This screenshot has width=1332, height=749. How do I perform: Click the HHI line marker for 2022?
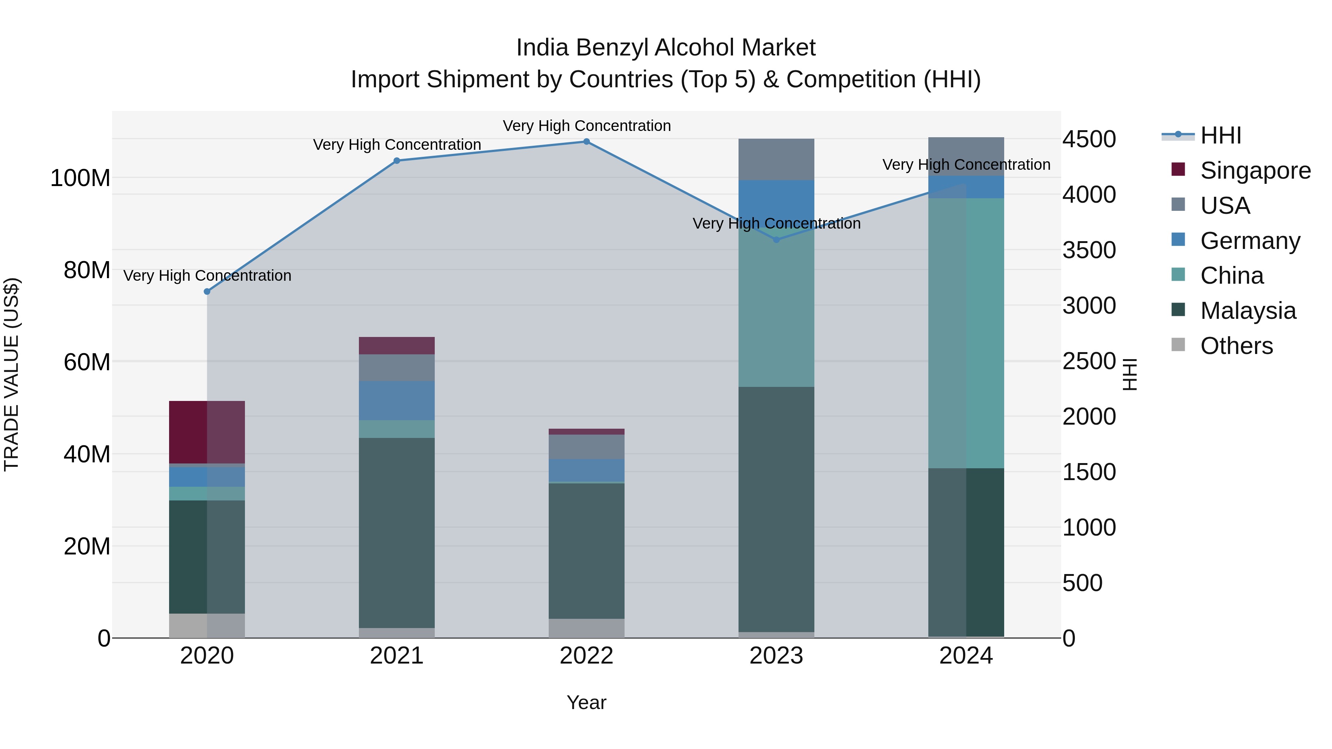(x=586, y=142)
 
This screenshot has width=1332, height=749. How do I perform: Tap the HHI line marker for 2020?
(x=207, y=291)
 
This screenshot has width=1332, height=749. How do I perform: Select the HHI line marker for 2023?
(x=776, y=240)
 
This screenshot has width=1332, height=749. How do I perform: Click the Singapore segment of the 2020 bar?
(x=207, y=432)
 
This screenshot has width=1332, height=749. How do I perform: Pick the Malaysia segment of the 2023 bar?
(x=776, y=509)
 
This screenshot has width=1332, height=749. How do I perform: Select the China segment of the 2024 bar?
(x=966, y=333)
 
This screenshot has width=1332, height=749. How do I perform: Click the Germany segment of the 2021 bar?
(x=397, y=401)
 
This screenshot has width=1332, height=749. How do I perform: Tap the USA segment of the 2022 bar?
(x=586, y=446)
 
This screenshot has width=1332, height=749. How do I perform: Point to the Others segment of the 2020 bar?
(x=207, y=625)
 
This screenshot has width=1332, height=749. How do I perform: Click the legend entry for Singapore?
(x=1255, y=171)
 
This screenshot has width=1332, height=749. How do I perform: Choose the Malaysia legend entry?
(x=1248, y=311)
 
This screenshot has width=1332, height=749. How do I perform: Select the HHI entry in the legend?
(x=1220, y=135)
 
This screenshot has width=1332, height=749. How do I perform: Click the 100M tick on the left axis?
(x=80, y=178)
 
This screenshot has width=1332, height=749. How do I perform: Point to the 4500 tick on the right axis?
(x=1089, y=139)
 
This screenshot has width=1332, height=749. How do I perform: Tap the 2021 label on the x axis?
(x=397, y=656)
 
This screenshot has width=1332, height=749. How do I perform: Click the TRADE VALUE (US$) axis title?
(x=11, y=374)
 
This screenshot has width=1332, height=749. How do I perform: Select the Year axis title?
(x=586, y=702)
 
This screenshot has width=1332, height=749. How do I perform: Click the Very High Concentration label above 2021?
(x=397, y=145)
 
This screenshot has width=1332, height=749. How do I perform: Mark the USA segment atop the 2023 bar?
(x=776, y=159)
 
